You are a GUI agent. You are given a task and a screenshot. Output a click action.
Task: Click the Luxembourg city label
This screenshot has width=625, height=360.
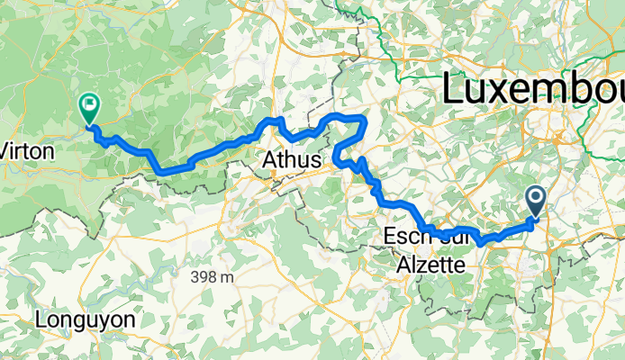[531, 91]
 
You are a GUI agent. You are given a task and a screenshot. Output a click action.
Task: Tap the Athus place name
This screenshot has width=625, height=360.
[294, 160]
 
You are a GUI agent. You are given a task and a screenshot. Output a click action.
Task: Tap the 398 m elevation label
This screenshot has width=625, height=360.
[212, 277]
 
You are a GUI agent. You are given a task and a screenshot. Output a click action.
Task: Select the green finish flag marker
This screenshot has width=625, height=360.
[89, 108]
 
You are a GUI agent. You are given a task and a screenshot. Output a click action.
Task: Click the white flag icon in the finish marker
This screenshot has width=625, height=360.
[89, 104]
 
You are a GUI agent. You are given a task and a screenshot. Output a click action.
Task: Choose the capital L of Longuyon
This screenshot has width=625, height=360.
[41, 319]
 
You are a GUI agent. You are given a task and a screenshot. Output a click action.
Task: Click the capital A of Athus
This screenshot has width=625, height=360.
[271, 160]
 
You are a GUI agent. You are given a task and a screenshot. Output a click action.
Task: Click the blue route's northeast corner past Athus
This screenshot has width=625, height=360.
[364, 118]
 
